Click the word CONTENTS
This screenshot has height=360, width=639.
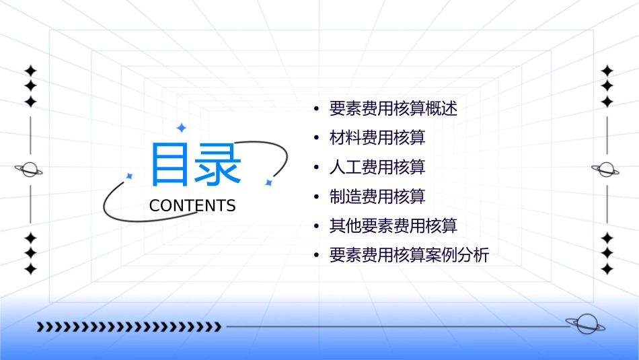(192, 206)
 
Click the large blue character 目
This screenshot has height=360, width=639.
(170, 164)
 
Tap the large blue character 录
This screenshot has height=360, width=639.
(218, 164)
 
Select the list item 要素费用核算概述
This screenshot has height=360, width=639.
(393, 108)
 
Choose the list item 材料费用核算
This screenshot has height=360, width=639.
(377, 138)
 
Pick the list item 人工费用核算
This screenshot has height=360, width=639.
(377, 168)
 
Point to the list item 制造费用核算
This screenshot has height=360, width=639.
(377, 196)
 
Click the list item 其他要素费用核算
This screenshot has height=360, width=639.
(393, 226)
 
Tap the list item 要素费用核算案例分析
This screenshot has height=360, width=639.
(409, 256)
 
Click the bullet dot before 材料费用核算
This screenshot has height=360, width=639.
(316, 138)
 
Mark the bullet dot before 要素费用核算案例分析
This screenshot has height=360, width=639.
(316, 256)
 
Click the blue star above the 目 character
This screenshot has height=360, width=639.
(181, 128)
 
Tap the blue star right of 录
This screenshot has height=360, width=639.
(268, 182)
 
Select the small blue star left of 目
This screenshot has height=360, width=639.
(130, 176)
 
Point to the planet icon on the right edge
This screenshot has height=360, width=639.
(606, 170)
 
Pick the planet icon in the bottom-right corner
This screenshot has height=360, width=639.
(585, 324)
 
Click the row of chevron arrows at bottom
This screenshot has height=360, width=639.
(128, 327)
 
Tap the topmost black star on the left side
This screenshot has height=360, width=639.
(30, 71)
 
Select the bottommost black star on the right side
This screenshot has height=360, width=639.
(607, 269)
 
